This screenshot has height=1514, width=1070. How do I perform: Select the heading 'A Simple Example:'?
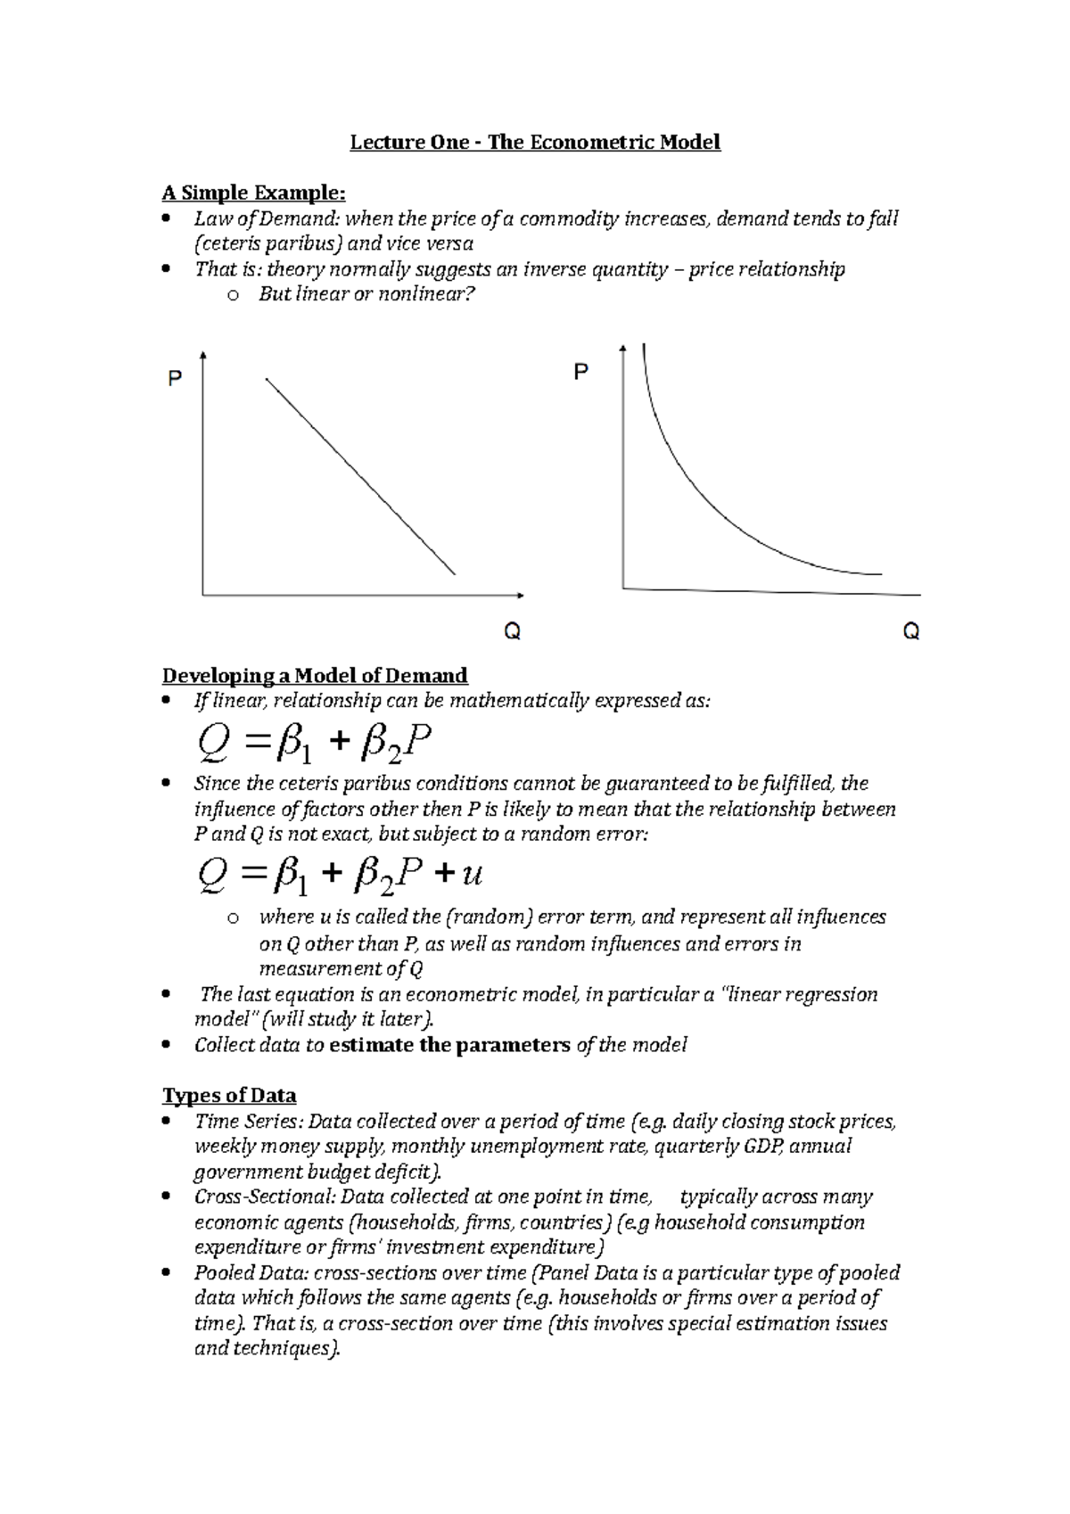(252, 193)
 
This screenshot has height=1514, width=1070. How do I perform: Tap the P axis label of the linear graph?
(176, 380)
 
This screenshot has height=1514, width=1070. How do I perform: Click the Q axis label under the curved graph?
(910, 632)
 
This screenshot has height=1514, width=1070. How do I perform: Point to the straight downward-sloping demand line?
(360, 477)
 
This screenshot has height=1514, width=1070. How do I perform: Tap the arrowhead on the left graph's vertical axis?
(205, 357)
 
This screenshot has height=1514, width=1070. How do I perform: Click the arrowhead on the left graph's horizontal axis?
(520, 594)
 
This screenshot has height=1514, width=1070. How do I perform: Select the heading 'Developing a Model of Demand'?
(314, 675)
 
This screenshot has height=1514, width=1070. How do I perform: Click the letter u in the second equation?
(472, 874)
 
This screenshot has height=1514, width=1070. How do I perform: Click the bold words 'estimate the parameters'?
(449, 1045)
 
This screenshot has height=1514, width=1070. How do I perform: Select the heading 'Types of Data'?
(228, 1096)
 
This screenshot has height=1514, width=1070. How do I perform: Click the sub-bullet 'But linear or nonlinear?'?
(362, 294)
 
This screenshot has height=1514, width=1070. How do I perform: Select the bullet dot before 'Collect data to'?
(167, 1046)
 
